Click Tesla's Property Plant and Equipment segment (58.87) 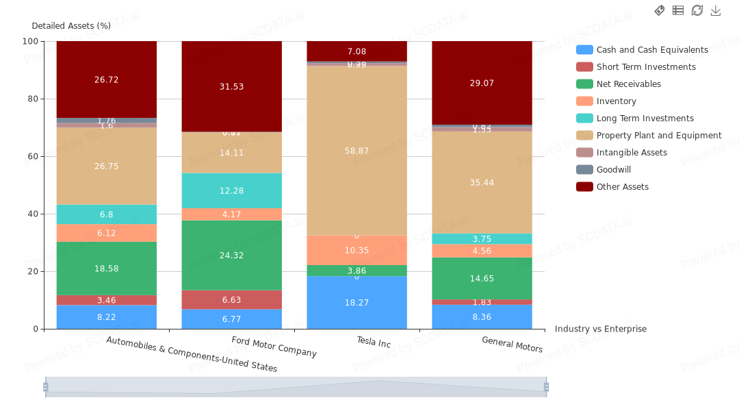click(356, 151)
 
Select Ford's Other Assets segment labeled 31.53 click(231, 86)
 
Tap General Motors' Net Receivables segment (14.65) click(482, 278)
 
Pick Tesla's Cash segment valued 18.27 click(356, 302)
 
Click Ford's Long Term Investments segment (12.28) click(231, 190)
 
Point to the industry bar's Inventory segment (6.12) click(106, 233)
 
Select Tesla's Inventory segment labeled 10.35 click(356, 250)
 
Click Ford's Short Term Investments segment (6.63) click(231, 299)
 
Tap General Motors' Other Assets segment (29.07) click(482, 83)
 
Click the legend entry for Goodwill click(614, 170)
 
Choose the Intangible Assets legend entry click(632, 153)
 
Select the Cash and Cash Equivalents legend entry click(652, 50)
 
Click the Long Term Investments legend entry click(645, 119)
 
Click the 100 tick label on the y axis click(30, 41)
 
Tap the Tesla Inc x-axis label click(374, 342)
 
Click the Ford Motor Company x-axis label click(274, 347)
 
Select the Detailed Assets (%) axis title click(71, 26)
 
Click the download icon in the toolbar click(716, 10)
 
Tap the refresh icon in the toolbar click(697, 10)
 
